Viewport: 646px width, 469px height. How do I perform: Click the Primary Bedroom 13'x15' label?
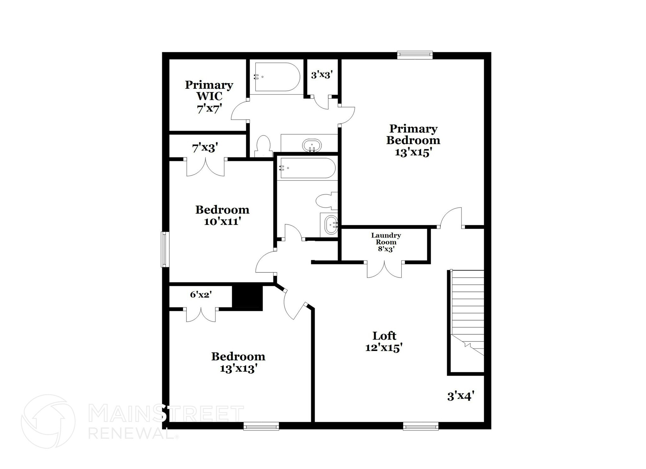pos(413,140)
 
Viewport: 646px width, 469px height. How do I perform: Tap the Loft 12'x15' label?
pos(384,341)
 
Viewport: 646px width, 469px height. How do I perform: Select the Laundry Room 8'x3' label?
pos(386,242)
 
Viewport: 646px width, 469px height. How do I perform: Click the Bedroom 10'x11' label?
pos(222,215)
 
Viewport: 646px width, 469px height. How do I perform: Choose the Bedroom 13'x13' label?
pos(238,362)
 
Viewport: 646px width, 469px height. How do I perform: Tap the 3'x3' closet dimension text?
pos(322,75)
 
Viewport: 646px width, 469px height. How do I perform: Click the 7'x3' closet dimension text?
pos(205,147)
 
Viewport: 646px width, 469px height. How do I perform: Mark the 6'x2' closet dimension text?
pos(201,295)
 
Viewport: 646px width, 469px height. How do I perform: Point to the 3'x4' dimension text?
pos(461,396)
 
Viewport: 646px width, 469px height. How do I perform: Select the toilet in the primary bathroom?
pos(264,146)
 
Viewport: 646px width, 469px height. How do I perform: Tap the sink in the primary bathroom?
pos(312,146)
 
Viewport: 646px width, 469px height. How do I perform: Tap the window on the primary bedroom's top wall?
pos(414,55)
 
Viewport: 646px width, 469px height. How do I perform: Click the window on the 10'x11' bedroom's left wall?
pos(165,249)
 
